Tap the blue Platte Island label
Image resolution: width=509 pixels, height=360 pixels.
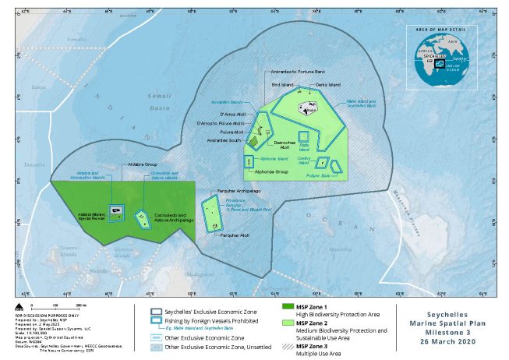click(305, 147)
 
